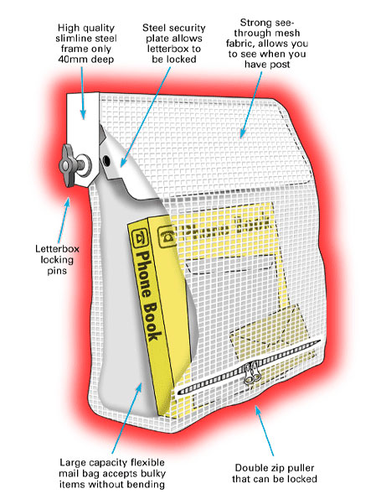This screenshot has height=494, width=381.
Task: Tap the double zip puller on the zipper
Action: point(252,372)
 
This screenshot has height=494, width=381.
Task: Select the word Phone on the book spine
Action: point(142,273)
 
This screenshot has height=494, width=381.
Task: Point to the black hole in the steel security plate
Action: point(106,161)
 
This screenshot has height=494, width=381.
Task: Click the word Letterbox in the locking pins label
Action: point(57,249)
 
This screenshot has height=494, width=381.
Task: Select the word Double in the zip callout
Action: point(252,468)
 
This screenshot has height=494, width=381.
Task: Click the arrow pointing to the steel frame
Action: point(82,93)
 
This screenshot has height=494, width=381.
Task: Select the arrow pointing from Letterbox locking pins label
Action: point(64,221)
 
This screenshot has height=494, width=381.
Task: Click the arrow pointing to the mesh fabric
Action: point(250,105)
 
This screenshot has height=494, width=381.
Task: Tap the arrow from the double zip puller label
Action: point(265,430)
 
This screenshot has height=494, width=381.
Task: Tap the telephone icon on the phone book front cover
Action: point(167,237)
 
